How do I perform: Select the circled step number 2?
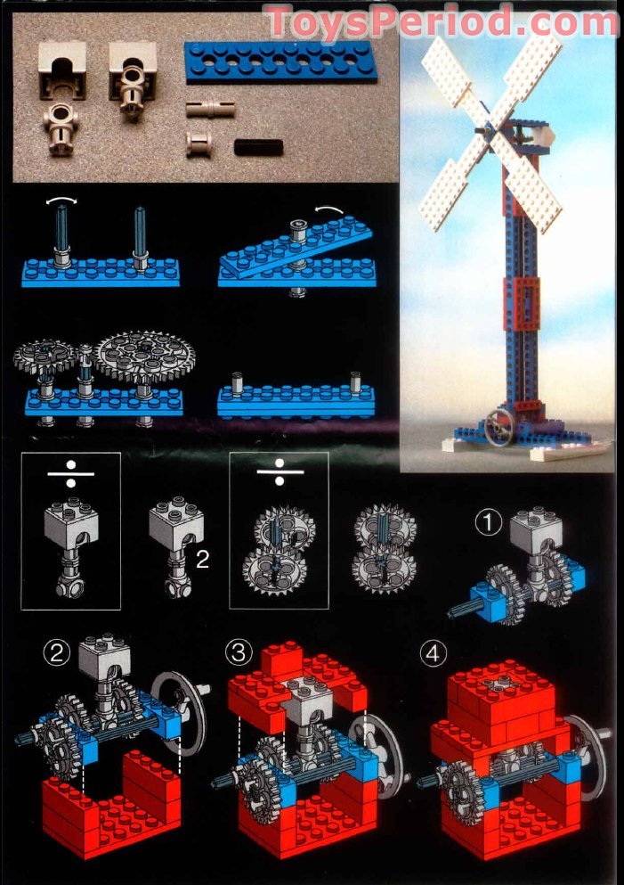(57, 654)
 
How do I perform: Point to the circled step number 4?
(432, 654)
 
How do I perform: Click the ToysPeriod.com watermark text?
(442, 20)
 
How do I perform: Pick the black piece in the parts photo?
(258, 146)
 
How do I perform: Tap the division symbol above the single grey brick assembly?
(71, 472)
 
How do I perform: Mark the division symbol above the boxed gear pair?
(280, 472)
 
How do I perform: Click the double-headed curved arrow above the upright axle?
(61, 204)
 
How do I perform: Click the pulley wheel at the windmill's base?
(498, 428)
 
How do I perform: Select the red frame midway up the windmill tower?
(523, 303)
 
